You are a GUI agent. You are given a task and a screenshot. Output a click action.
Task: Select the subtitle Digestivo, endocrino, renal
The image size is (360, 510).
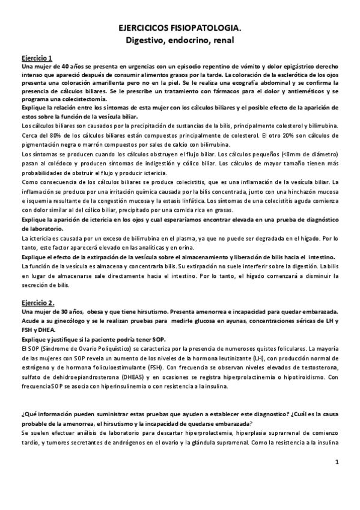tap(180, 40)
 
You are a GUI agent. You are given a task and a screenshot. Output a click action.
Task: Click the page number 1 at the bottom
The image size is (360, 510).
tap(338, 462)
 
